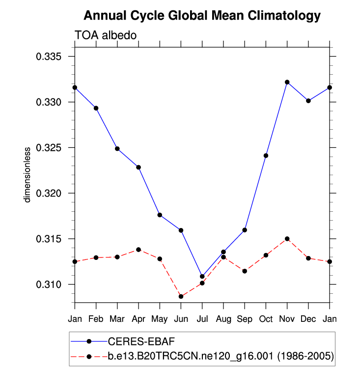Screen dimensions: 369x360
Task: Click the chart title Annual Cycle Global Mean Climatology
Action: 202,16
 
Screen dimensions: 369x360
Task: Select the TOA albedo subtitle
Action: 105,35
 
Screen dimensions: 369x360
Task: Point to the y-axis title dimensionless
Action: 28,174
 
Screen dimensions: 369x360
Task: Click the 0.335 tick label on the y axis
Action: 48,57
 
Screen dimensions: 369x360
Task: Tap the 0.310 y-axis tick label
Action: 48,284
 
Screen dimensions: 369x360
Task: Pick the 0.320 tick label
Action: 48,194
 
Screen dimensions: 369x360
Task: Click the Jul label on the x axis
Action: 202,318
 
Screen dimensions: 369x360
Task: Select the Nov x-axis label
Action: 287,318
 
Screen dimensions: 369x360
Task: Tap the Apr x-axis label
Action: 138,318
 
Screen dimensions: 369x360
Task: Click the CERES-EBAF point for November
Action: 287,82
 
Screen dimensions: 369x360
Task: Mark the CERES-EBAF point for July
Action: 202,277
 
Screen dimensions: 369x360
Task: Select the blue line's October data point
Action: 266,156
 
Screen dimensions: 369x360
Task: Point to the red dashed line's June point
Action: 181,296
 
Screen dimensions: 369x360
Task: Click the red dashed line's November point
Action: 287,239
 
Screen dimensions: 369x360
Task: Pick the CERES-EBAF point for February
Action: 96,108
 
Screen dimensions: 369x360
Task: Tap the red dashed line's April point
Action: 138,250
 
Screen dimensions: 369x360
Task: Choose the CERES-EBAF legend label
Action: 139,341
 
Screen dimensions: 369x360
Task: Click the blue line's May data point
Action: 160,215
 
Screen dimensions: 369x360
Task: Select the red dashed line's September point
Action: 245,271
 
